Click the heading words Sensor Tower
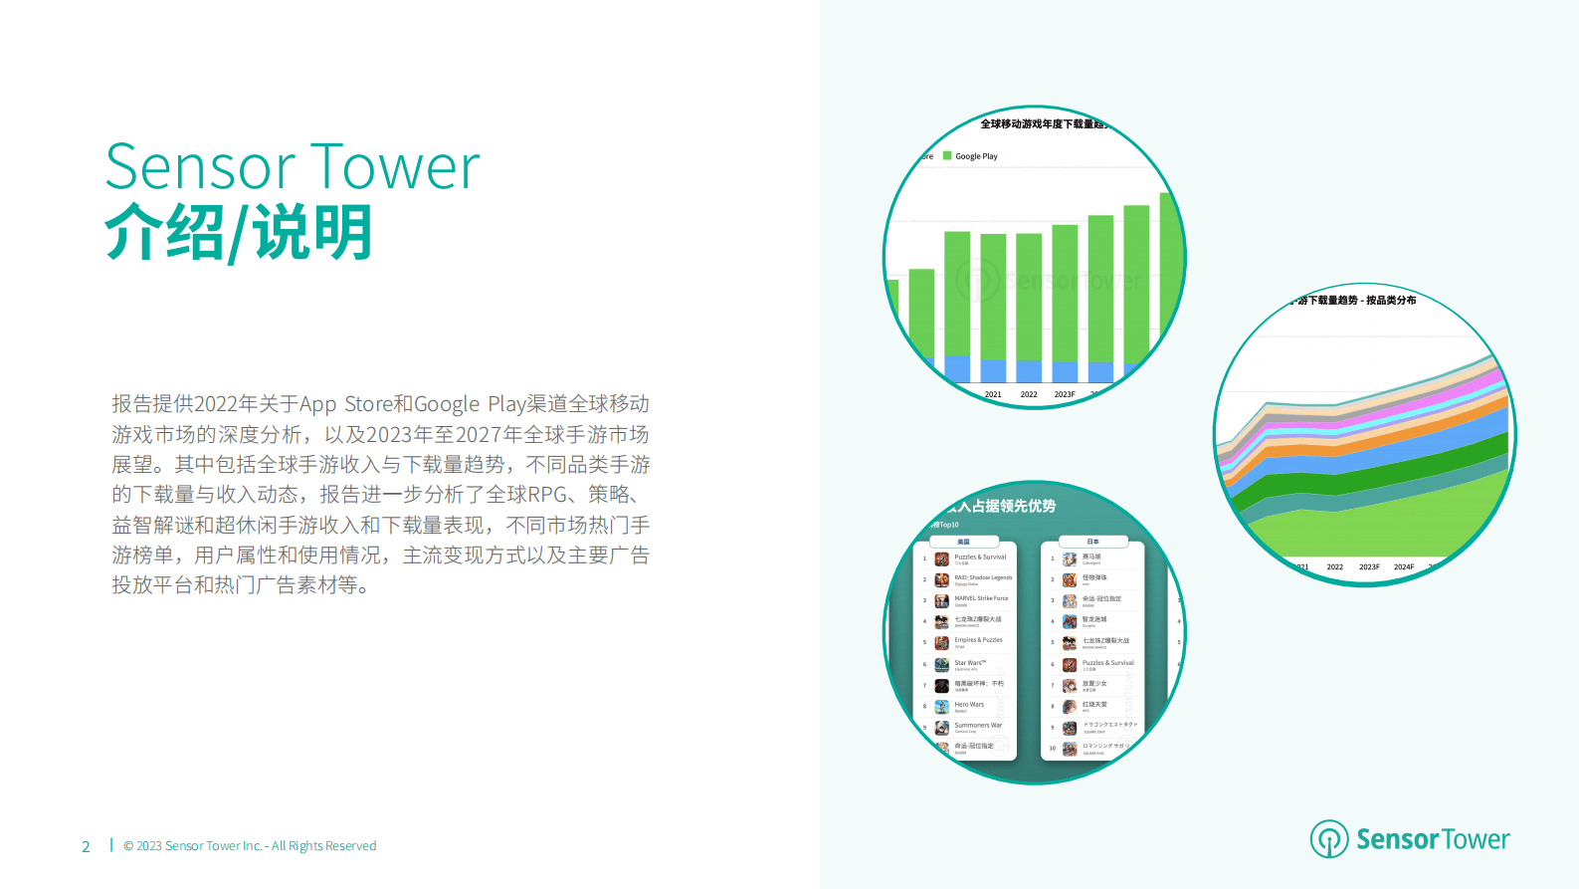click(x=293, y=166)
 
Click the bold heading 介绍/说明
click(x=239, y=233)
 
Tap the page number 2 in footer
click(x=86, y=847)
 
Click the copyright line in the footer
click(x=250, y=846)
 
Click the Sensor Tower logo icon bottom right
click(x=1328, y=839)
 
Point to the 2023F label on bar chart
click(x=1064, y=394)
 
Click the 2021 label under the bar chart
click(x=993, y=394)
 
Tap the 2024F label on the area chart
click(x=1403, y=567)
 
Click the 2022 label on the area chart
click(x=1334, y=567)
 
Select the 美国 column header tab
click(x=963, y=542)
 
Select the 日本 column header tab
click(x=1092, y=542)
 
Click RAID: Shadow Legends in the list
click(x=983, y=577)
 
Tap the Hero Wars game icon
click(x=941, y=707)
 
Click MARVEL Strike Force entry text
click(x=981, y=598)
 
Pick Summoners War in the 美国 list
click(x=978, y=725)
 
